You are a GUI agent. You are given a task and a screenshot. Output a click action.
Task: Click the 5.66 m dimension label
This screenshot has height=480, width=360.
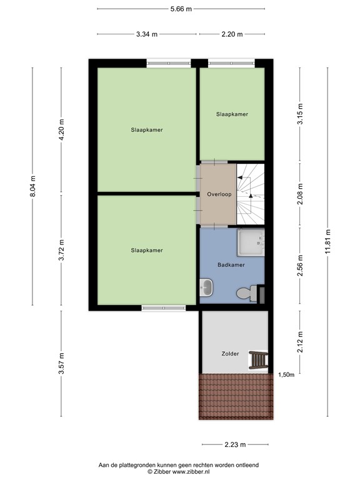(180, 9)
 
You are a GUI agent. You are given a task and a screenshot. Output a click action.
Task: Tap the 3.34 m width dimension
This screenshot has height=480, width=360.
(147, 34)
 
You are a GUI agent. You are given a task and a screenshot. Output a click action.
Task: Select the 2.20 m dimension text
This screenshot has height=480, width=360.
(231, 34)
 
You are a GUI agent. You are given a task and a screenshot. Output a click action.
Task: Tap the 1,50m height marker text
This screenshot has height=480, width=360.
(287, 374)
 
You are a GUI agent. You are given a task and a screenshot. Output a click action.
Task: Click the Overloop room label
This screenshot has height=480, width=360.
(219, 194)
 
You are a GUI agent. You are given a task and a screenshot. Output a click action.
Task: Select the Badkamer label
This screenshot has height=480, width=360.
(231, 265)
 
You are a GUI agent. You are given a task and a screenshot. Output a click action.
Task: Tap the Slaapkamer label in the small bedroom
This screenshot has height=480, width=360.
(232, 114)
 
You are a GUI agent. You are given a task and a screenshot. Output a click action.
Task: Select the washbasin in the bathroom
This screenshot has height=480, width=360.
(207, 288)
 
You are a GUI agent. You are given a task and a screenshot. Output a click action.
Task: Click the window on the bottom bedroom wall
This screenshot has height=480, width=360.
(163, 307)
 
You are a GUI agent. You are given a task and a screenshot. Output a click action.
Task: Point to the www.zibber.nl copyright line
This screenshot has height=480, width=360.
(180, 472)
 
